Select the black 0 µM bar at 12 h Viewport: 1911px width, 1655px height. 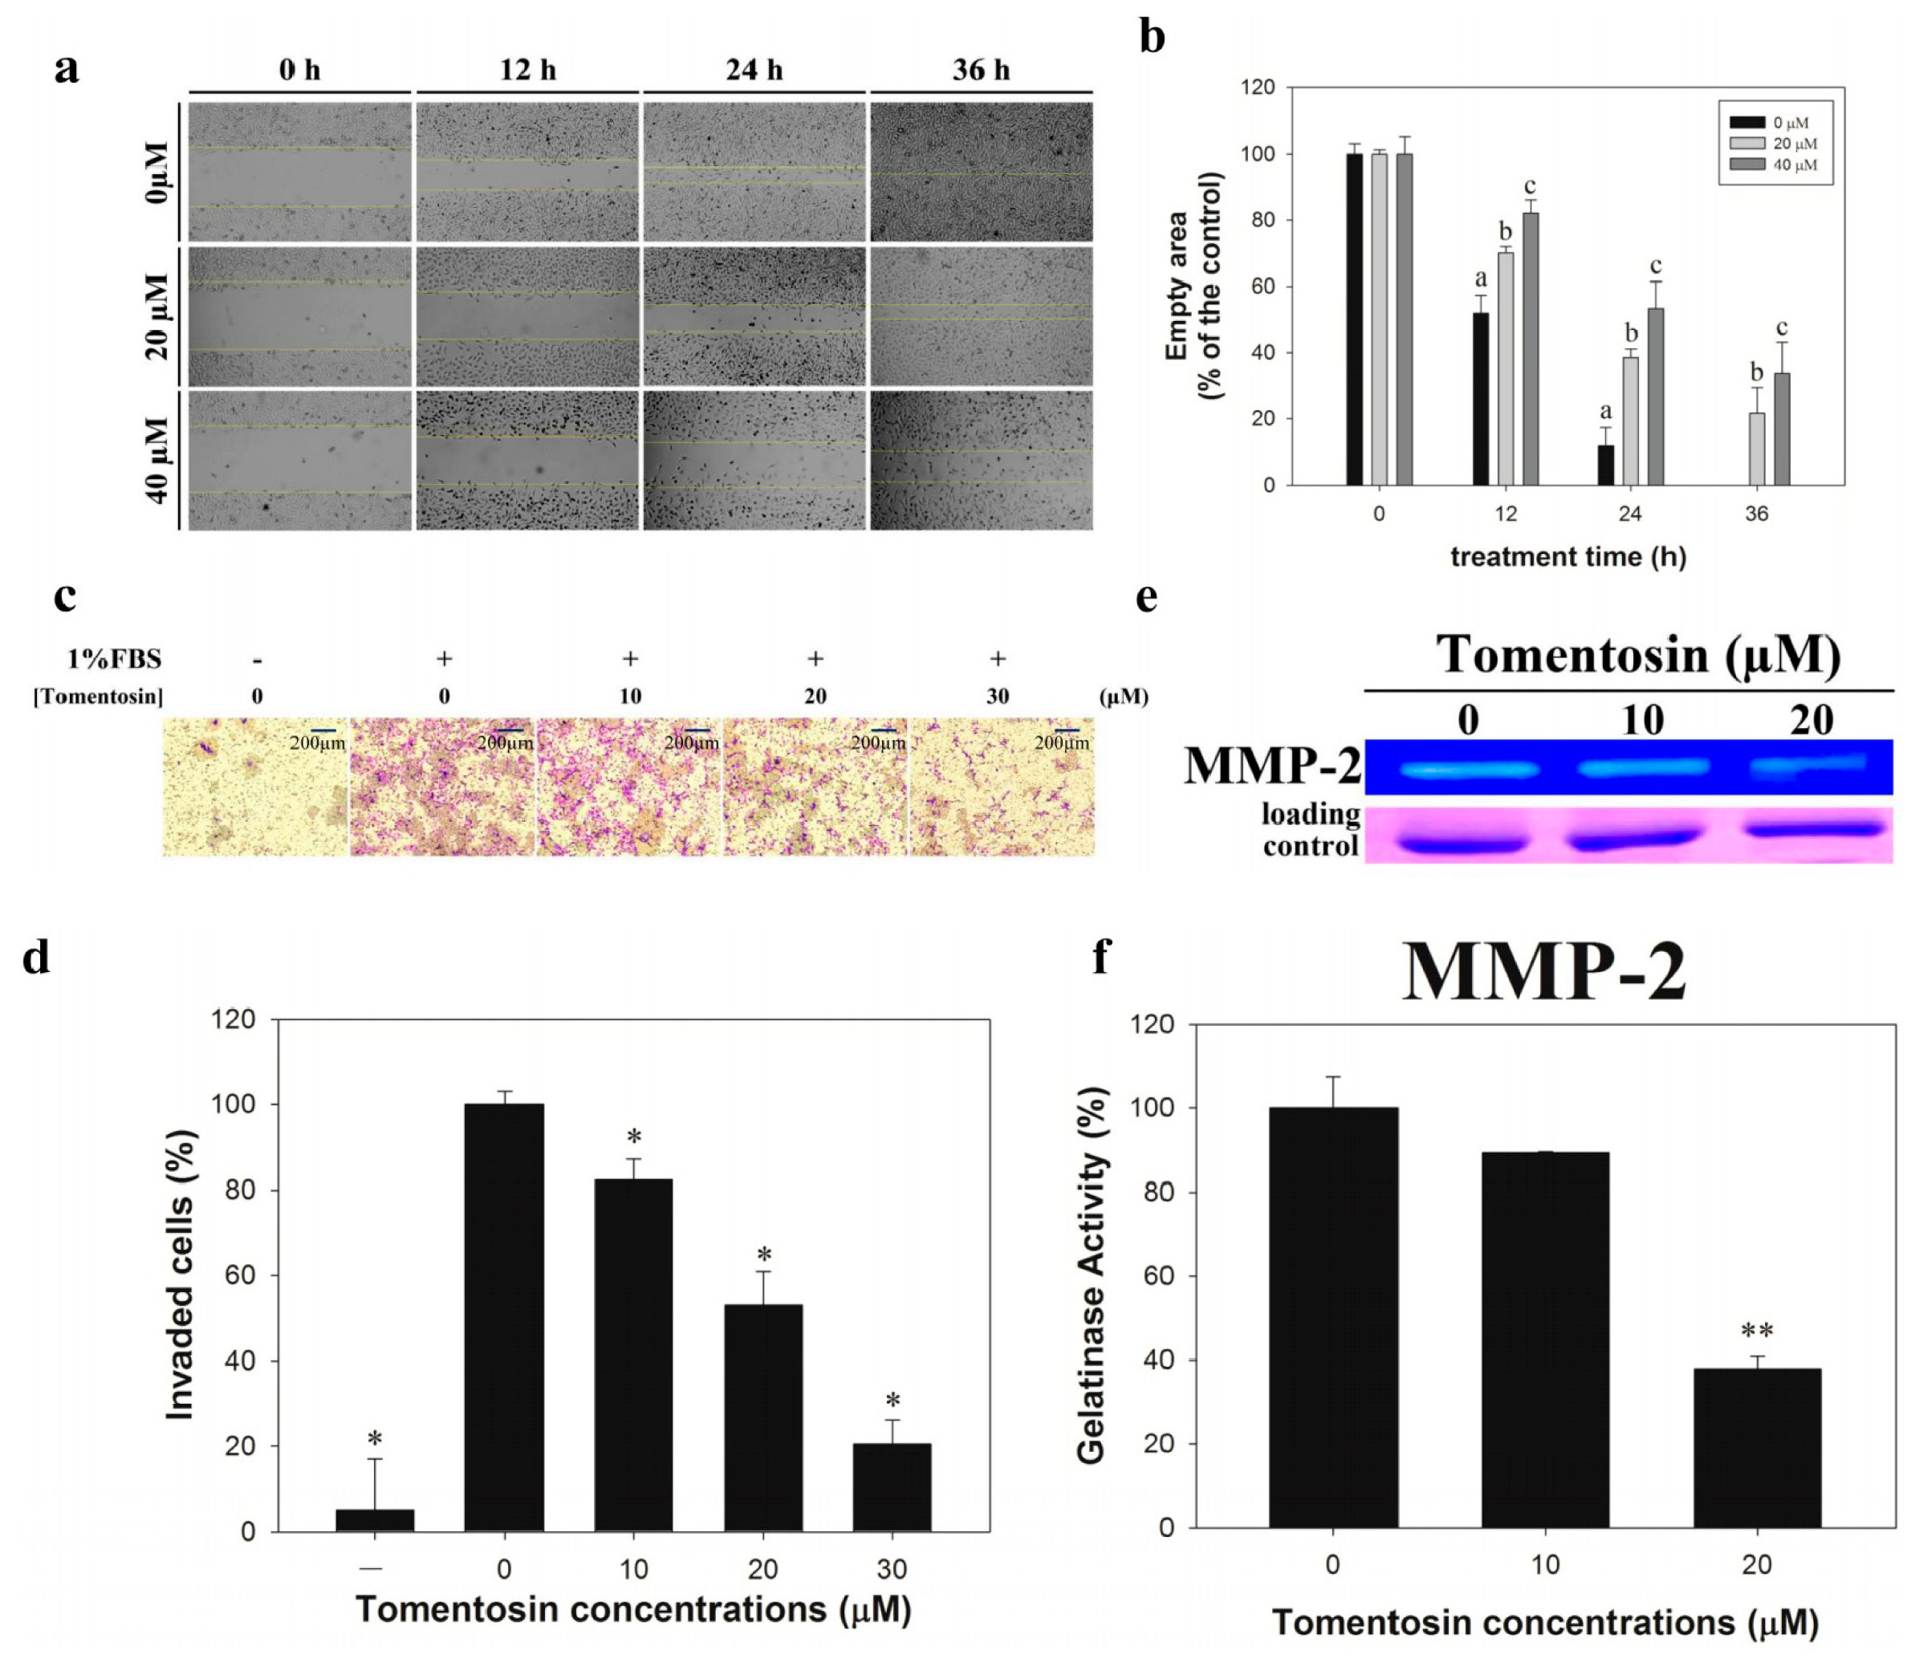tap(1481, 399)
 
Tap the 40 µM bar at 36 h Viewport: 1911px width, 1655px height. tap(1782, 429)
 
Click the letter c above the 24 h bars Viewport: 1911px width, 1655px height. tap(1655, 267)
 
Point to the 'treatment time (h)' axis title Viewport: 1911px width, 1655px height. tap(1567, 557)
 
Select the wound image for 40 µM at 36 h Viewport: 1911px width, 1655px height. tap(981, 460)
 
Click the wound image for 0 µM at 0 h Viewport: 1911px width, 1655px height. tap(299, 173)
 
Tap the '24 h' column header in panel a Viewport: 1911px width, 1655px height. tap(754, 70)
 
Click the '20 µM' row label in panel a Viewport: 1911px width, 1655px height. tap(157, 316)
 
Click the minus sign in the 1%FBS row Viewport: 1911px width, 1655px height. tap(257, 661)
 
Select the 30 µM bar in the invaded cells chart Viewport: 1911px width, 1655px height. tap(892, 1488)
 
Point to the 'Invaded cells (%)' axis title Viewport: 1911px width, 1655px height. tap(181, 1275)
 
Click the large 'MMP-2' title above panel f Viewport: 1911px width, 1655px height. tap(1544, 973)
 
